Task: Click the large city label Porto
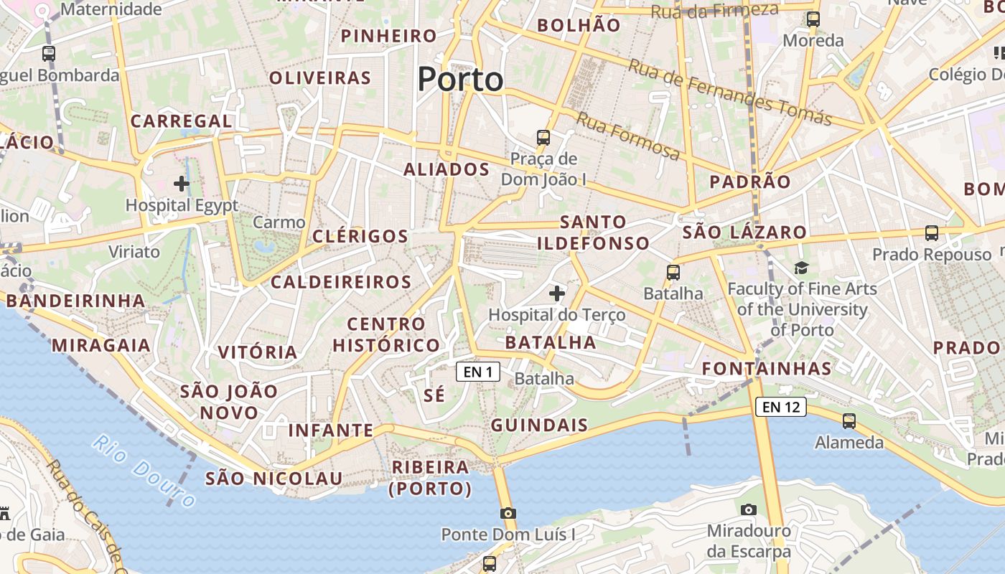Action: tap(460, 79)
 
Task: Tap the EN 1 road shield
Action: tap(478, 372)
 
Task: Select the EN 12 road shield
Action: tap(780, 408)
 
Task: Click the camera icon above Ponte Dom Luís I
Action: tap(508, 513)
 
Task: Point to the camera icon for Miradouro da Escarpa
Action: tap(749, 509)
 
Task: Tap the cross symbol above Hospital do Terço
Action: tap(557, 293)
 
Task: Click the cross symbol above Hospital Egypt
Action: tap(182, 184)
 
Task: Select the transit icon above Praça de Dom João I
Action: tap(543, 137)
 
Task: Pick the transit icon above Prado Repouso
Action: tap(932, 233)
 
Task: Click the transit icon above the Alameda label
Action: tap(849, 421)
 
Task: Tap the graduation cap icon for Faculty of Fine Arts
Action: tap(801, 268)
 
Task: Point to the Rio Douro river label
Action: tap(144, 471)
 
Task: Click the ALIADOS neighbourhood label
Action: tap(446, 170)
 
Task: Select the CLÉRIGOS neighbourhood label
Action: tap(360, 236)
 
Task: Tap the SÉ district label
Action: tap(434, 395)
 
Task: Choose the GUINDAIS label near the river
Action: tap(539, 425)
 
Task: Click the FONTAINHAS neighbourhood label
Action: tap(766, 370)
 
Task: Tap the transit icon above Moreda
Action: tap(813, 19)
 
